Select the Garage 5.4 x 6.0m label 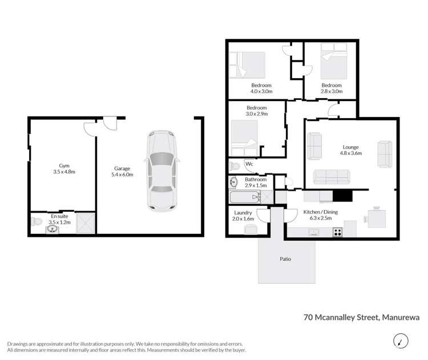pyautogui.click(x=122, y=172)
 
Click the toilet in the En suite pyautogui.click(x=36, y=220)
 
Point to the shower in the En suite pyautogui.click(x=86, y=224)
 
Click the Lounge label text pyautogui.click(x=350, y=149)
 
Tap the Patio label pyautogui.click(x=285, y=259)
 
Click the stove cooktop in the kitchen pyautogui.click(x=337, y=232)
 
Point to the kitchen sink pyautogui.click(x=313, y=232)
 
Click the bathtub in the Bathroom pyautogui.click(x=244, y=198)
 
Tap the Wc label pyautogui.click(x=249, y=165)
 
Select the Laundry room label pyautogui.click(x=243, y=215)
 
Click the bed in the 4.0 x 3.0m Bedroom pyautogui.click(x=248, y=64)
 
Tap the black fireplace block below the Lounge pyautogui.click(x=343, y=196)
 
